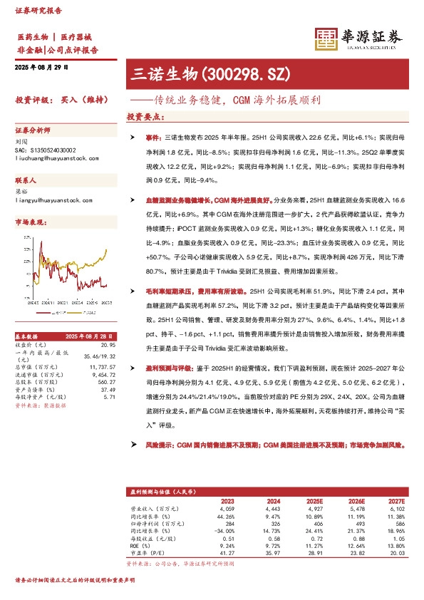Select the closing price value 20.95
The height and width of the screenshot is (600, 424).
point(108,343)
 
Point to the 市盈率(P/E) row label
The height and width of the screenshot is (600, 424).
point(148,552)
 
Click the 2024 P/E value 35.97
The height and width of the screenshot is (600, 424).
point(264,552)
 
